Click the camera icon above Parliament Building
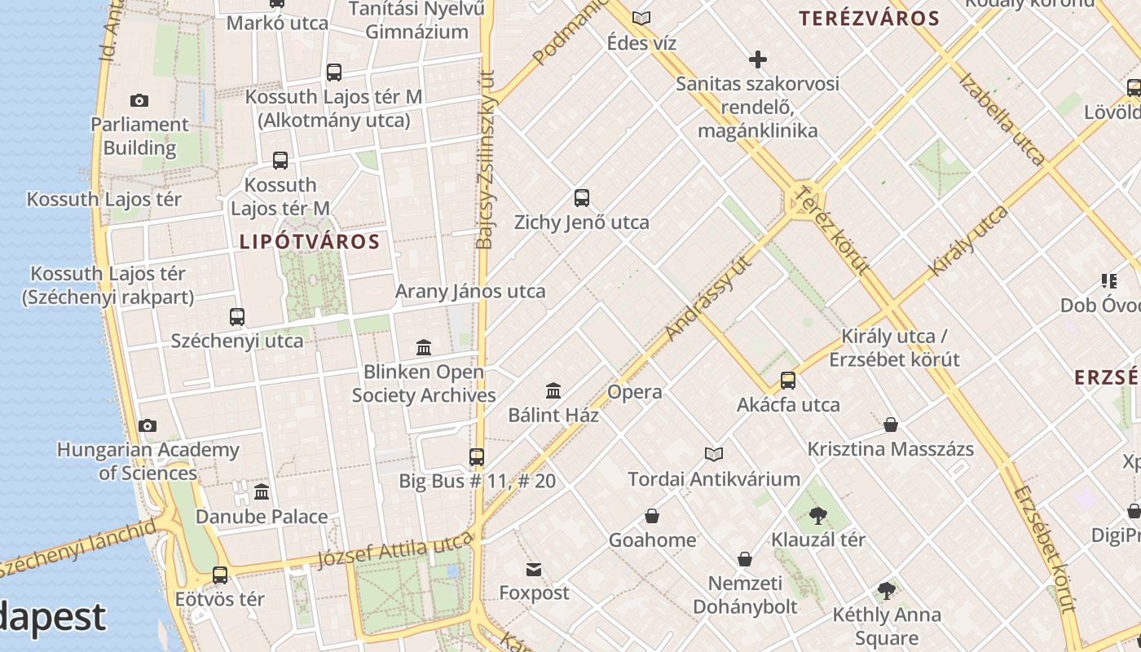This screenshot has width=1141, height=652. [x=139, y=101]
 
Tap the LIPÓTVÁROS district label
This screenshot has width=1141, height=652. [x=310, y=242]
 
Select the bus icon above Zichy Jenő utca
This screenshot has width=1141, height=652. [x=582, y=198]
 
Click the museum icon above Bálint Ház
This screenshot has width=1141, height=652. [x=553, y=391]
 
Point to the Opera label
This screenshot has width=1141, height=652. [x=635, y=392]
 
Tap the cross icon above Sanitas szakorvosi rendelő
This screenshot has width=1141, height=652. [x=758, y=59]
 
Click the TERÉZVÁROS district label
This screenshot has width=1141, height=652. [x=869, y=19]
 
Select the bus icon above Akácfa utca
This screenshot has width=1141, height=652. [x=788, y=381]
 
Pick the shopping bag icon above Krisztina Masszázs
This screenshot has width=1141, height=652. [x=891, y=425]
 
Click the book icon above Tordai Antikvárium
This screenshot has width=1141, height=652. [x=714, y=455]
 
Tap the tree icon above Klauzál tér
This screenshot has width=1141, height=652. [x=818, y=515]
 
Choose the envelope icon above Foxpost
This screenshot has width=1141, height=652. [x=534, y=569]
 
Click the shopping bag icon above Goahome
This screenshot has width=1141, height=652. [x=652, y=516]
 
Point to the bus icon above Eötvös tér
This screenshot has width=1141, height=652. [x=220, y=575]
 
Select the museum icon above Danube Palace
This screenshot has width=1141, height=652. [x=262, y=492]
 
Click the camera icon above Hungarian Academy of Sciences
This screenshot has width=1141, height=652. [x=148, y=425]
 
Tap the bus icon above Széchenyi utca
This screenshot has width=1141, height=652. [x=237, y=317]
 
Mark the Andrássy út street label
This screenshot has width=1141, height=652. [x=707, y=298]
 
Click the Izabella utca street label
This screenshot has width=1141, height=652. [x=1002, y=119]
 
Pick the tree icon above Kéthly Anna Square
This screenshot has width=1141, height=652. [x=887, y=591]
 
